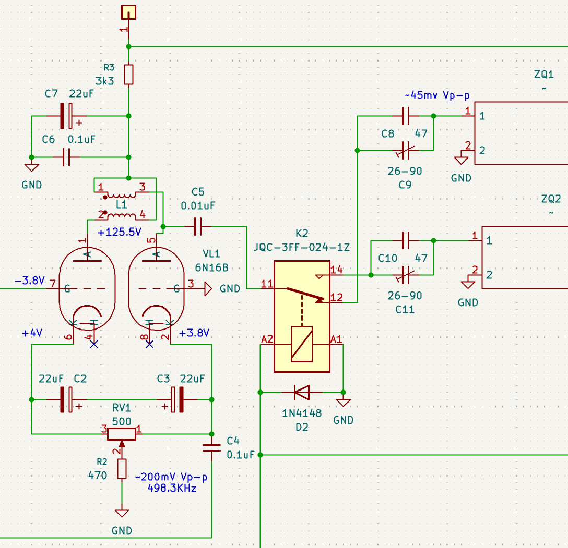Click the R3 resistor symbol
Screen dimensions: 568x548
pyautogui.click(x=128, y=75)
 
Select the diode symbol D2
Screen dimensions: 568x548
pyautogui.click(x=302, y=393)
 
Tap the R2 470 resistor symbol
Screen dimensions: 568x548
pyautogui.click(x=122, y=469)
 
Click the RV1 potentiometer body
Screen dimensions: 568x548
pyautogui.click(x=122, y=434)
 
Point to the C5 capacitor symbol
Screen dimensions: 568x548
pyautogui.click(x=198, y=227)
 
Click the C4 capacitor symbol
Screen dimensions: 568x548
pyautogui.click(x=211, y=448)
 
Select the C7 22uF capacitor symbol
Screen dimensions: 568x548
pyautogui.click(x=66, y=116)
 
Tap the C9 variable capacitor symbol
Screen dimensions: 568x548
pyautogui.click(x=406, y=151)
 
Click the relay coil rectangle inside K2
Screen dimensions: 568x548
pyautogui.click(x=302, y=344)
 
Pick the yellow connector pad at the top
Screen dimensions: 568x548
pyautogui.click(x=128, y=12)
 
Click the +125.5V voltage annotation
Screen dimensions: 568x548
pyautogui.click(x=120, y=232)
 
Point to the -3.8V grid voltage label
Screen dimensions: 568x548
pyautogui.click(x=30, y=281)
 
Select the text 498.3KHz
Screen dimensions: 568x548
pyautogui.click(x=172, y=488)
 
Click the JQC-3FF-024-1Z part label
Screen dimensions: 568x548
pyautogui.click(x=302, y=248)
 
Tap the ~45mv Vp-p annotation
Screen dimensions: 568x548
pyautogui.click(x=437, y=95)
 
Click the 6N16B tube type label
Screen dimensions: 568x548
pyautogui.click(x=211, y=267)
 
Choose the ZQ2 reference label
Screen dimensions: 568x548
pyautogui.click(x=551, y=199)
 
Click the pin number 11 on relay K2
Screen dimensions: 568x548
pyautogui.click(x=267, y=284)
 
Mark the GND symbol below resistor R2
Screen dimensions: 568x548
pyautogui.click(x=122, y=513)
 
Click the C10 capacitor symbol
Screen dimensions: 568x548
pyautogui.click(x=406, y=240)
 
